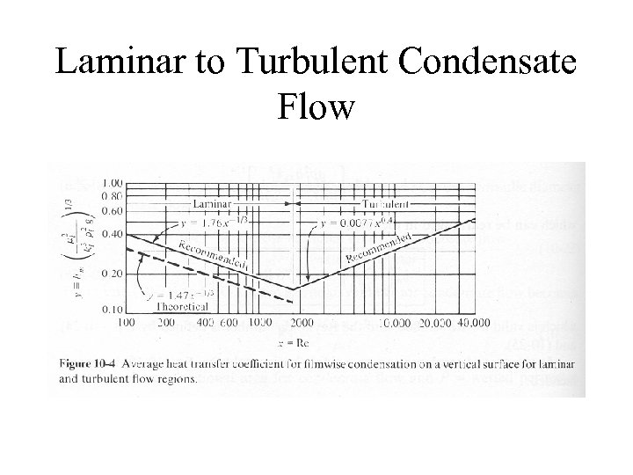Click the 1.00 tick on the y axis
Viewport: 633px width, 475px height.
click(x=111, y=182)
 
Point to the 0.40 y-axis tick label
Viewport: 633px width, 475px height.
click(x=111, y=234)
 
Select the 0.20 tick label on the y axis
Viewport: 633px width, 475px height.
click(x=111, y=274)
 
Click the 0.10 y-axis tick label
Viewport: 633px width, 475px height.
click(x=111, y=311)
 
